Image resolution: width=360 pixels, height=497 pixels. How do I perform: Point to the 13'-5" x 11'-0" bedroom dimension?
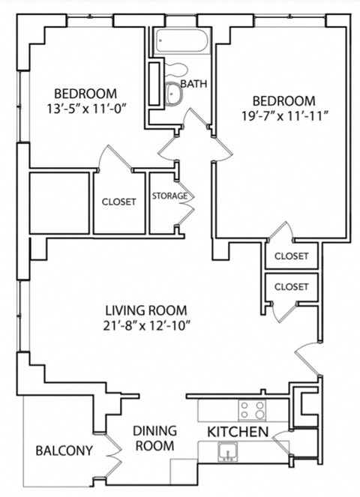85,108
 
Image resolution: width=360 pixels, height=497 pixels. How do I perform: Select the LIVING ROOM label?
145,310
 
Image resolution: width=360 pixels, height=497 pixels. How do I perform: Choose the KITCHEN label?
238,432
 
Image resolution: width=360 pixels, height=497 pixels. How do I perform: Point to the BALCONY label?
64,451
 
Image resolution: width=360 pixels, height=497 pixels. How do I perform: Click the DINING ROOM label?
155,438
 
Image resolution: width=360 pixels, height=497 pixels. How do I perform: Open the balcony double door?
115,451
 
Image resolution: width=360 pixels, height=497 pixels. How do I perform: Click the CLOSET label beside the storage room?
119,202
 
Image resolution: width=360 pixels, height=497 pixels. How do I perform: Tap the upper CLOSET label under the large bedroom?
291,256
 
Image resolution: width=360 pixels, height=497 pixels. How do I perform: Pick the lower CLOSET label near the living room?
291,286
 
